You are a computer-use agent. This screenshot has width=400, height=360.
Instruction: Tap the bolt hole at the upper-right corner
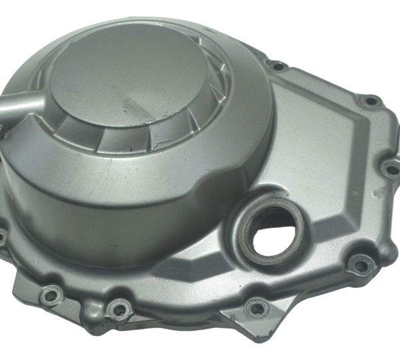[x=369, y=101]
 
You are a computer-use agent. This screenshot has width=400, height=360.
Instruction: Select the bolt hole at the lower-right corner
[x=361, y=265]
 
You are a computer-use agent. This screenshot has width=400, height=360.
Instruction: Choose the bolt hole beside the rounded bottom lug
[x=119, y=309]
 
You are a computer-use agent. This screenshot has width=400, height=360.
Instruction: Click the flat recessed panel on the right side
[x=313, y=153]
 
